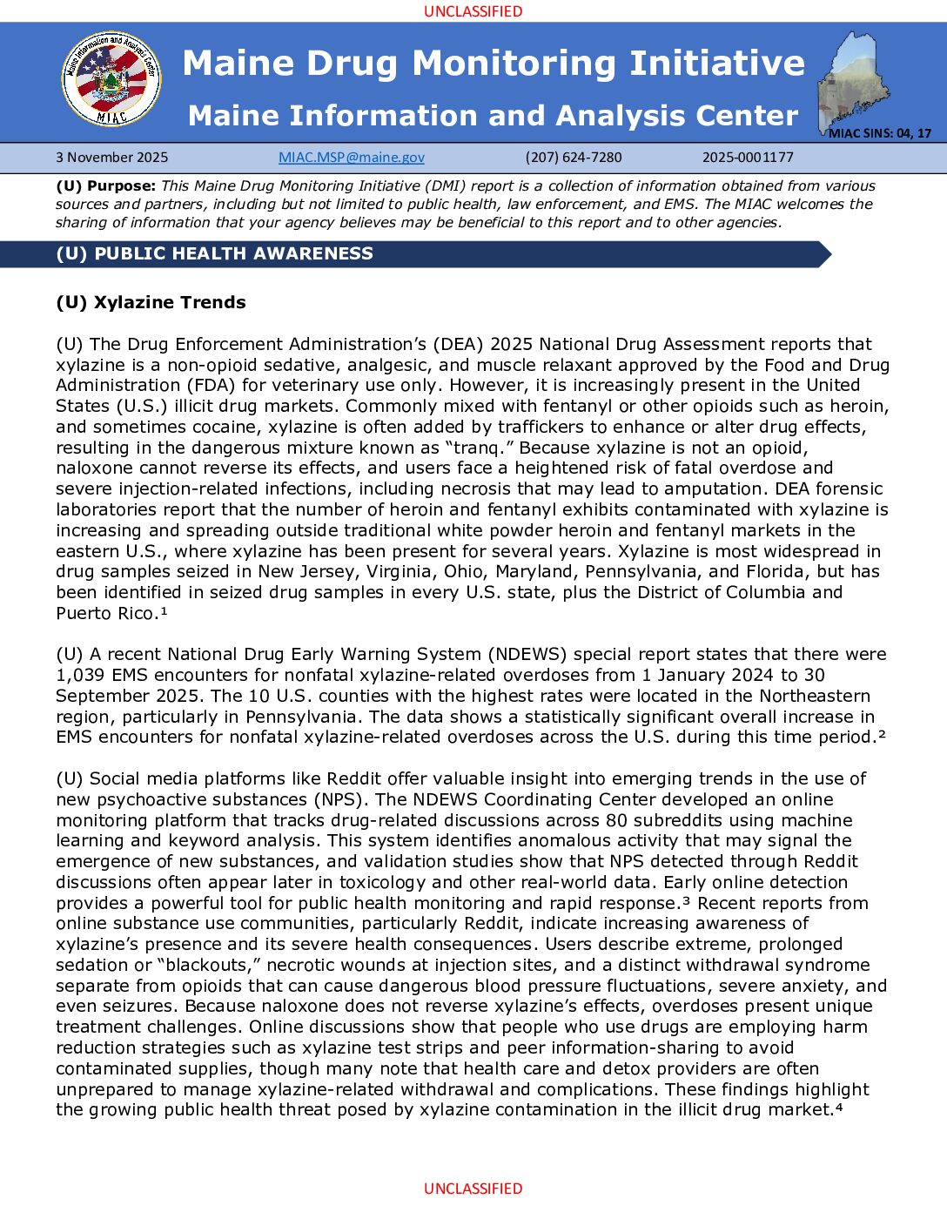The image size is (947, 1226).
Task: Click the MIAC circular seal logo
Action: (111, 79)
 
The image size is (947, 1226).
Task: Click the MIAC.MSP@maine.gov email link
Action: (352, 158)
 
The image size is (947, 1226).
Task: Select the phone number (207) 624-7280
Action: (574, 158)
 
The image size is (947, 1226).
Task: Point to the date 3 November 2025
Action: (112, 158)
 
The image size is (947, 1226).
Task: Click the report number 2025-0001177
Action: (748, 158)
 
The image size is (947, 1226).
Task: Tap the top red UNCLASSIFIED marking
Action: (473, 11)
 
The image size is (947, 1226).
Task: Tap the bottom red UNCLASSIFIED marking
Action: (473, 1189)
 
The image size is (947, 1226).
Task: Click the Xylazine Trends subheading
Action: (151, 302)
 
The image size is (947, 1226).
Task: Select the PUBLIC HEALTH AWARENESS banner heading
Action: (215, 253)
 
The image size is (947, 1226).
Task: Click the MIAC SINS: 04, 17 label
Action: (880, 133)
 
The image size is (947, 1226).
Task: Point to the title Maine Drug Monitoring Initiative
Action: (494, 63)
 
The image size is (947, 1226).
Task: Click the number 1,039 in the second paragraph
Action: (80, 675)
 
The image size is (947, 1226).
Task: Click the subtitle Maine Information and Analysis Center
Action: (494, 116)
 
